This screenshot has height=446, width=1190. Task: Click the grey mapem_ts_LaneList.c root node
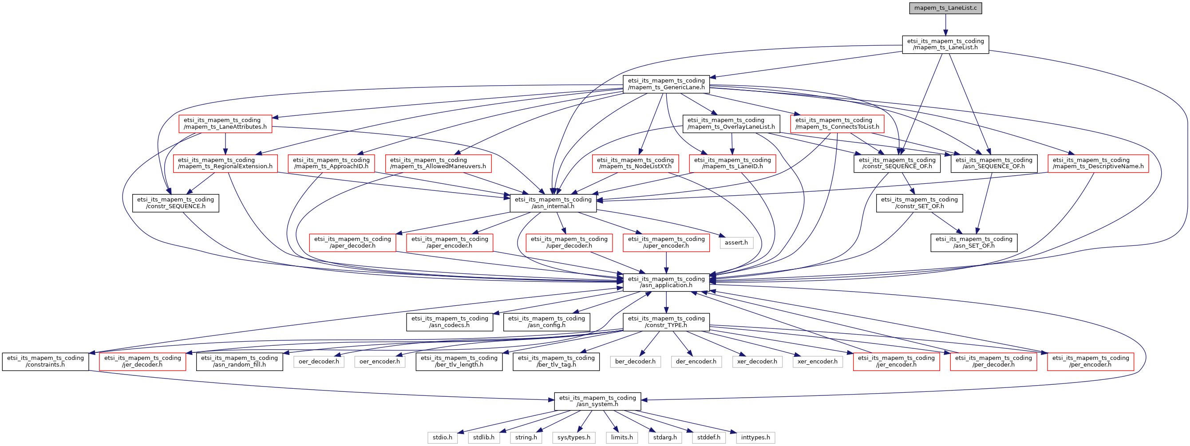(x=945, y=8)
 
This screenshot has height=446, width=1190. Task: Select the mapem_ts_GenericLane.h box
(x=666, y=84)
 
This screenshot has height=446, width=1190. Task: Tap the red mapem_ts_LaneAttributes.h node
(x=225, y=124)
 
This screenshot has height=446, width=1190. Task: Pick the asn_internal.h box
(x=553, y=203)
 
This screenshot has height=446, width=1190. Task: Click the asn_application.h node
(x=666, y=282)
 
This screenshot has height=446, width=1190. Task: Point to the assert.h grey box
(x=736, y=243)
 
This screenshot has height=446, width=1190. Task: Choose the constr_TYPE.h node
(x=666, y=322)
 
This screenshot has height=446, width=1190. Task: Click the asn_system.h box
(x=597, y=401)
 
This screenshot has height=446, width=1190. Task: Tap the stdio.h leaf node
(x=442, y=438)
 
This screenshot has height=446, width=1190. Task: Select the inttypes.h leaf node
(x=755, y=438)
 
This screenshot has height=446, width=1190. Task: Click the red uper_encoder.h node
(x=666, y=242)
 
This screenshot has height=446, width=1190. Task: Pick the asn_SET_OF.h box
(x=974, y=242)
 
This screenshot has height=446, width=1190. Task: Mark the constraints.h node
(x=45, y=362)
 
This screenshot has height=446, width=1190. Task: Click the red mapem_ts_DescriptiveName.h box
(x=1098, y=163)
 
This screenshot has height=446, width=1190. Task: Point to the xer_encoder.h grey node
(x=817, y=362)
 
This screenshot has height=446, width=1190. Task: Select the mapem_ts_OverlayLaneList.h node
(x=731, y=124)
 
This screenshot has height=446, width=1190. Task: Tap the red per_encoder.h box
(x=1090, y=362)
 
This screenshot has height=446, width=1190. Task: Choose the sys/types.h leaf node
(x=574, y=438)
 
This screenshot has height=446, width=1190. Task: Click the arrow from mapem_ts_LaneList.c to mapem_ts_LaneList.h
(x=945, y=25)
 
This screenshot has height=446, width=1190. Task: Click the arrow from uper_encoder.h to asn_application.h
(x=666, y=263)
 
